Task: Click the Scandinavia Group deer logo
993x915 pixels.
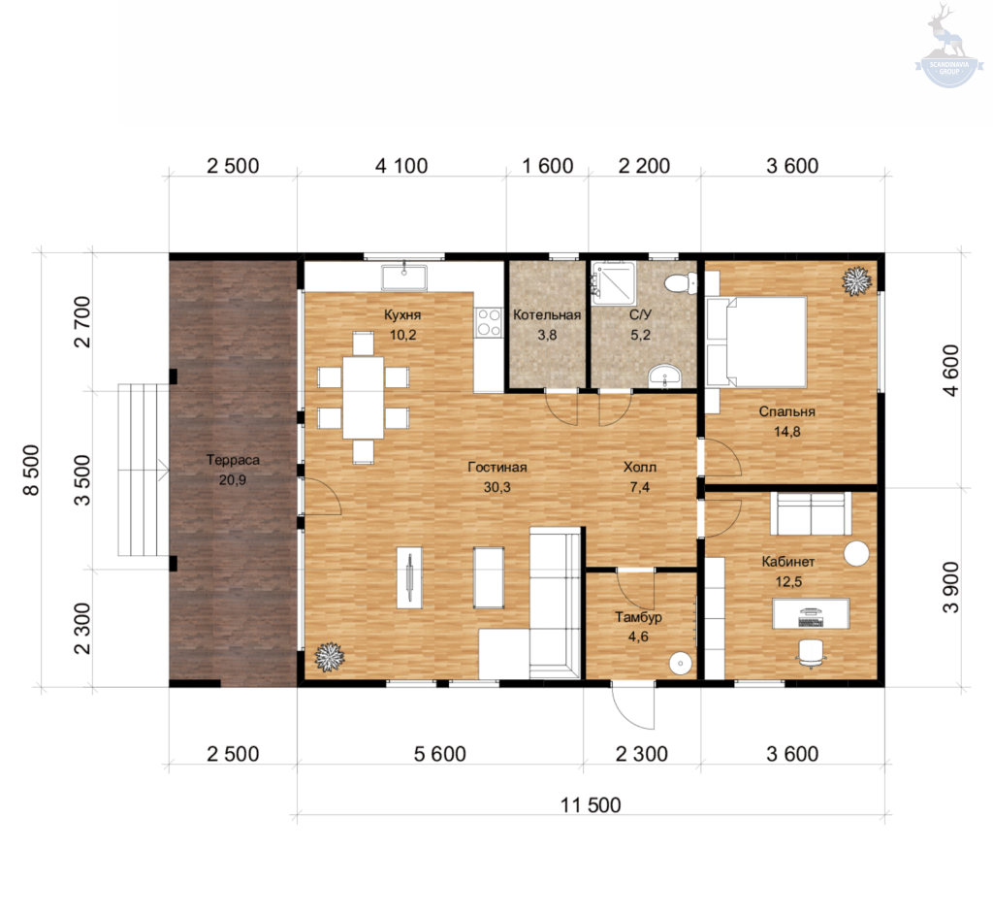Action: [948, 46]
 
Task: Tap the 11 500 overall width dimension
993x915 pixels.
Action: [591, 804]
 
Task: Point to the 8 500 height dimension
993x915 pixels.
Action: [31, 470]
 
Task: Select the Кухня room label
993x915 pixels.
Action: [402, 315]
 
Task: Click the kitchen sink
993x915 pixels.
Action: [404, 278]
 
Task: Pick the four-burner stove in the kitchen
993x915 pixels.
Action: [489, 322]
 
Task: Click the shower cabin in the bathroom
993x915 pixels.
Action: [613, 280]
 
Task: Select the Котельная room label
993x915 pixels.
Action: [547, 315]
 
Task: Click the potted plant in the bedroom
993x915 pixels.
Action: [856, 280]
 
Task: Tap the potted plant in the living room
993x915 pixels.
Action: [329, 657]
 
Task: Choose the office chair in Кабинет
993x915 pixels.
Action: [812, 653]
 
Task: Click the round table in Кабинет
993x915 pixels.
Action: [857, 552]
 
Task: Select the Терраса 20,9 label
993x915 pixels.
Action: [233, 470]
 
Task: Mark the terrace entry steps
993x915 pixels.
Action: [144, 470]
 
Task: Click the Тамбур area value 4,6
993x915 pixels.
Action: [638, 637]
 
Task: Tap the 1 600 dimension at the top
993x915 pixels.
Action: [547, 166]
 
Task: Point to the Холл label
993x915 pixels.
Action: [640, 467]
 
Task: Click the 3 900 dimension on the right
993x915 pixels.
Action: [951, 587]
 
